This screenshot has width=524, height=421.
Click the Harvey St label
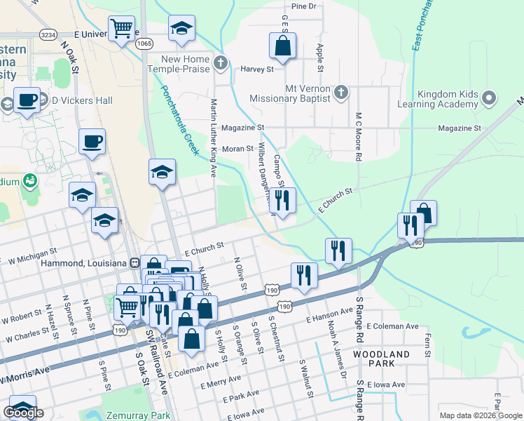(x=257, y=69)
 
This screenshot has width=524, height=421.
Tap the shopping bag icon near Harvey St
(x=282, y=47)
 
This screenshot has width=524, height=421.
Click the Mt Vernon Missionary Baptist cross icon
(x=341, y=93)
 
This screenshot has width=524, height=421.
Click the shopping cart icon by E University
(x=121, y=29)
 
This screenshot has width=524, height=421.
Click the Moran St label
(x=237, y=149)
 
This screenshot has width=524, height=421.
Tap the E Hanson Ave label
(x=329, y=315)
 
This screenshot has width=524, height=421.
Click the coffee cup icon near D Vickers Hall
(x=28, y=100)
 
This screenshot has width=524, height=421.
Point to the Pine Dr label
(x=303, y=6)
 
